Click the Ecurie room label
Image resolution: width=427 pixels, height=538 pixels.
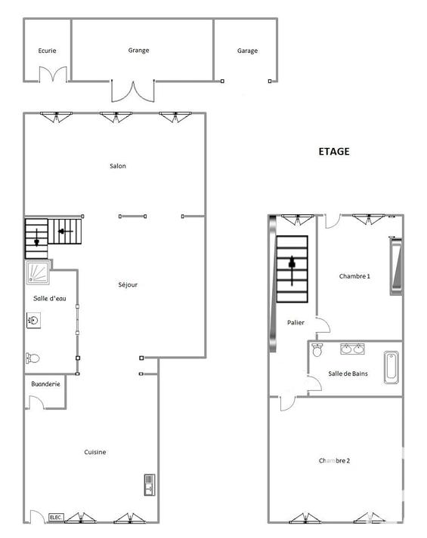48,51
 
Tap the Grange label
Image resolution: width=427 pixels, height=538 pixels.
138,51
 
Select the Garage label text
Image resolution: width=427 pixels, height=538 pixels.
247,51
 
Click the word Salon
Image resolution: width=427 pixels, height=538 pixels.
117,166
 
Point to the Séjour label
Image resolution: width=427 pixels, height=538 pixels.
128,284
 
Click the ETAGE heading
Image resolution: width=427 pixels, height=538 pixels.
333,152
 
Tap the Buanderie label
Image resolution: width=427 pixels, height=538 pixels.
43,384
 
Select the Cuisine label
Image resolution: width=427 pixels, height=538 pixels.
95,452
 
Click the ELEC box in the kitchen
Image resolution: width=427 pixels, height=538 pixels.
56,517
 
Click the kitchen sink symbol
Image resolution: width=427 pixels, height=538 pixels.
149,484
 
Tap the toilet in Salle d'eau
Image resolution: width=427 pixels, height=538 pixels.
32,358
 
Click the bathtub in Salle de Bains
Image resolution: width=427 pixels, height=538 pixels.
391,367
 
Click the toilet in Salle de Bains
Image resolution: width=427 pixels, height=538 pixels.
317,349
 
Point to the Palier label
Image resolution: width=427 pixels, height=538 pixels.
296,323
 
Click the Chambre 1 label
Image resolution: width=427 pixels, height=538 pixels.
354,276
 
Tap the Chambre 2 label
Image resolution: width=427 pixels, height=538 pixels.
334,460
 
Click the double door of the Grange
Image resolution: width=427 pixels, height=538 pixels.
132,91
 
